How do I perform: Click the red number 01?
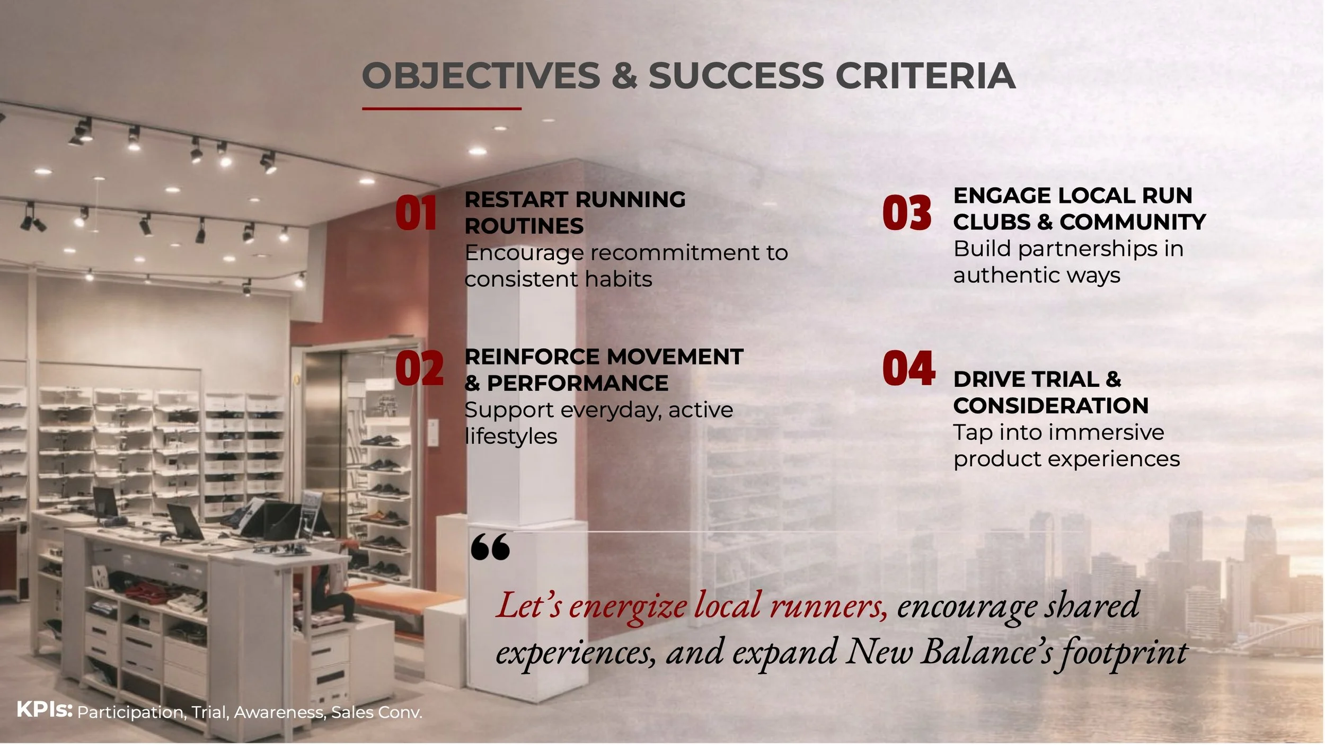(416, 213)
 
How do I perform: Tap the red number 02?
(419, 369)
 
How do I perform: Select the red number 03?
(907, 213)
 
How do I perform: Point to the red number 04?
(908, 368)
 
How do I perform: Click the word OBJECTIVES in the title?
(480, 76)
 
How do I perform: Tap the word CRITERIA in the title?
(925, 76)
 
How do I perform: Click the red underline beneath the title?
(441, 109)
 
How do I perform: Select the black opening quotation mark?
(490, 547)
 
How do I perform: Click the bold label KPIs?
(45, 709)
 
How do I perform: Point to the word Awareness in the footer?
(280, 712)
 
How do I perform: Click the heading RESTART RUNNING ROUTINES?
(575, 212)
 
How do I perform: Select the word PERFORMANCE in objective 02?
(577, 383)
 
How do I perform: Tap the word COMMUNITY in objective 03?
(1132, 222)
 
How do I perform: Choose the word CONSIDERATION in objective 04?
(1050, 405)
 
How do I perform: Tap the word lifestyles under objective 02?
(511, 436)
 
